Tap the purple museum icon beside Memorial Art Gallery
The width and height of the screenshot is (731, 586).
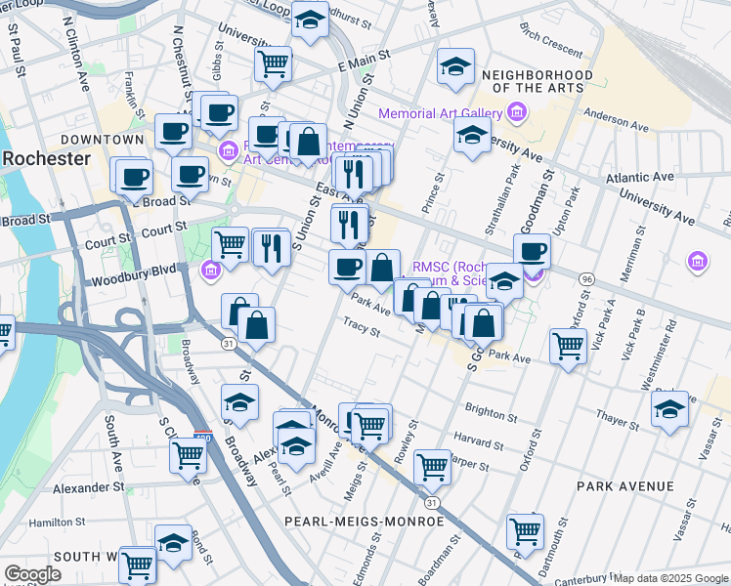point(517,114)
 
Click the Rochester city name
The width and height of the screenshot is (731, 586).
point(45,158)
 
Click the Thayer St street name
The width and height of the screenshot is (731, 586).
point(618,418)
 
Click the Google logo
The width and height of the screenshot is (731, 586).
point(32,574)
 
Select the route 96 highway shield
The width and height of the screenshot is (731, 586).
point(586,278)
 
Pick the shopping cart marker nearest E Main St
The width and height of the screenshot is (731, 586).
point(273,65)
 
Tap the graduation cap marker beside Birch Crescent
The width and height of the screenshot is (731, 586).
point(455,66)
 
